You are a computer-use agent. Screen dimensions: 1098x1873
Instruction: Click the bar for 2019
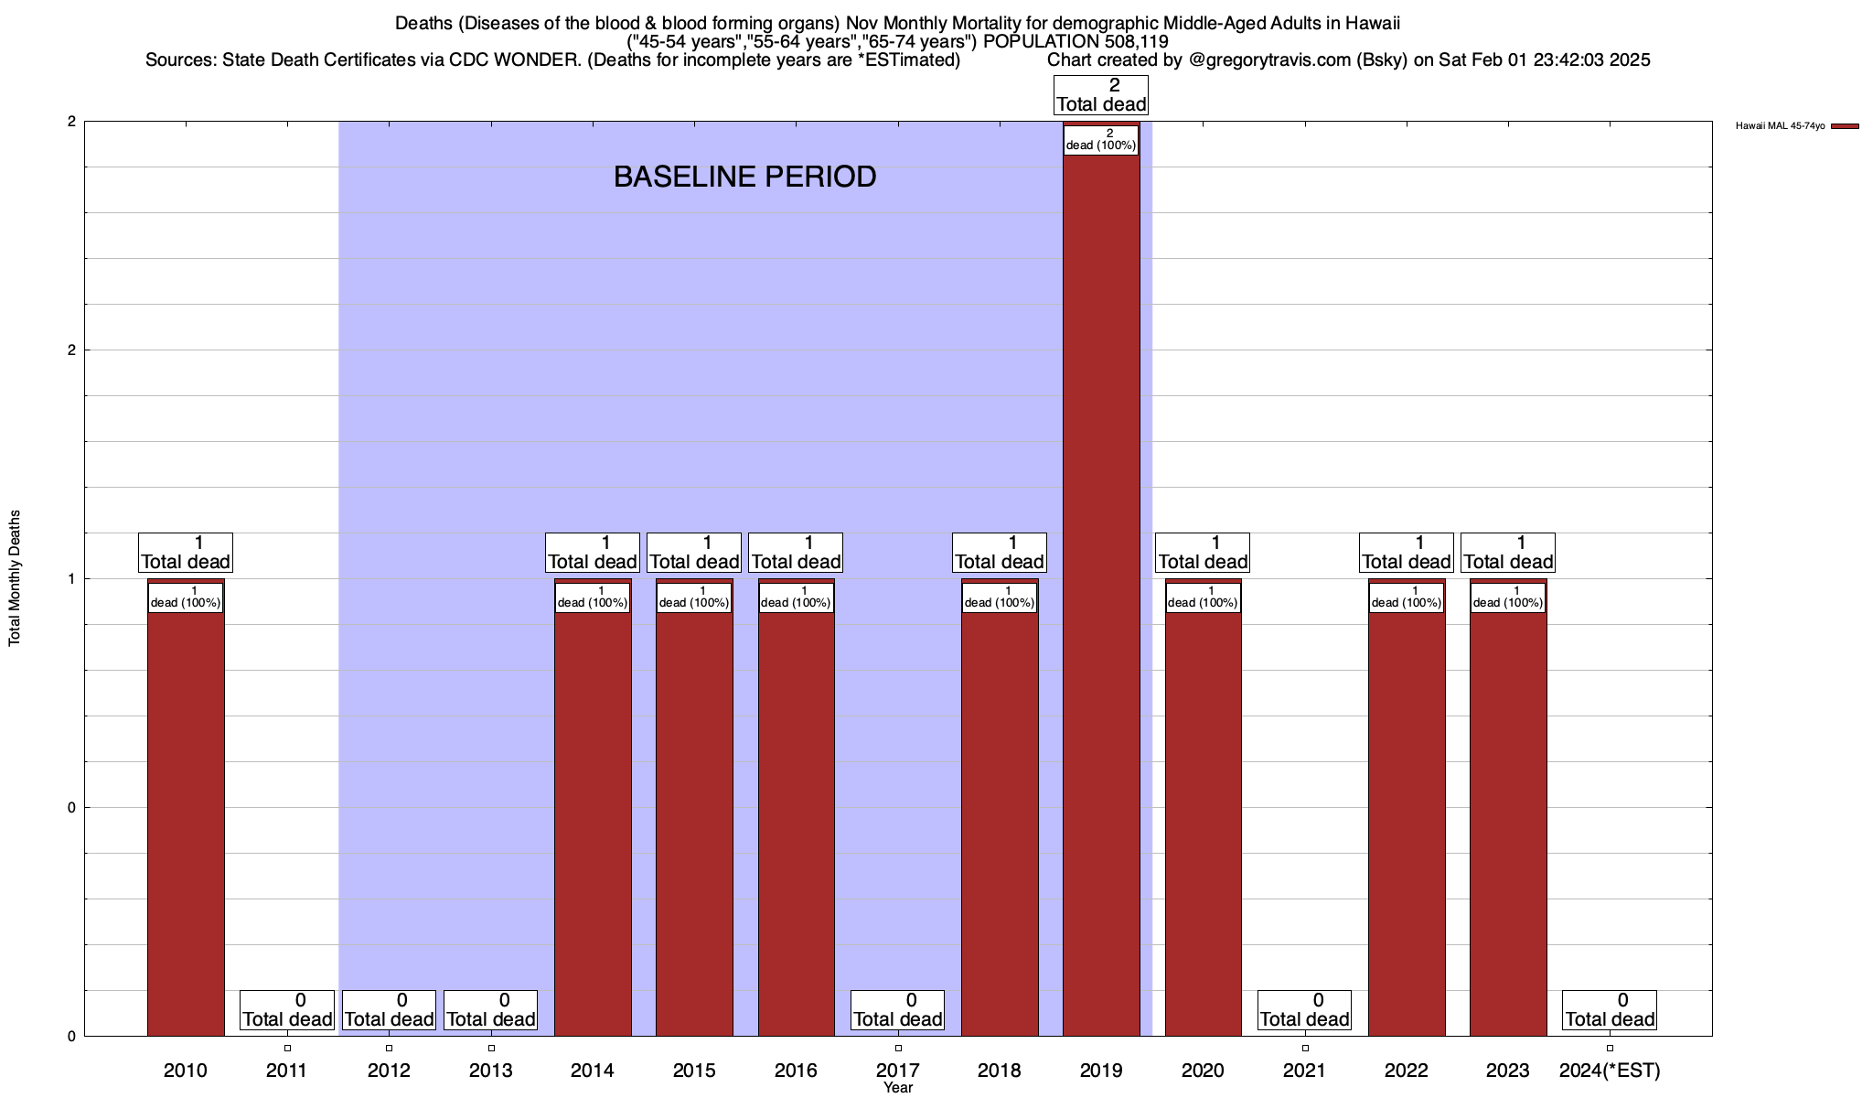tap(1101, 595)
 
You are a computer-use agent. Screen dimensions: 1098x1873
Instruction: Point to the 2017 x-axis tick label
tap(897, 1070)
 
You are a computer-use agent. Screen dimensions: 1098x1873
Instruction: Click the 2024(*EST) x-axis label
tap(1610, 1070)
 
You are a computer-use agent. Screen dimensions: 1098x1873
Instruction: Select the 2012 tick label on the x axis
tap(389, 1070)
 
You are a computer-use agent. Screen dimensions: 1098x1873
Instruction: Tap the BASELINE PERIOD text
tap(744, 177)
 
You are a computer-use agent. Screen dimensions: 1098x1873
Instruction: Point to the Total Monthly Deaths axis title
tap(15, 578)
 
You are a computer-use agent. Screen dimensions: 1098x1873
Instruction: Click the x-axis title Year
tap(898, 1088)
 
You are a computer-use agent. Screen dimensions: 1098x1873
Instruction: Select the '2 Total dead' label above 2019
tap(1101, 95)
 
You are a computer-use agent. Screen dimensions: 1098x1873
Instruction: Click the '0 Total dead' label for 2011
tap(287, 1010)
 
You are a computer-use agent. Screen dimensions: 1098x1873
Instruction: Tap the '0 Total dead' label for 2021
tap(1304, 1010)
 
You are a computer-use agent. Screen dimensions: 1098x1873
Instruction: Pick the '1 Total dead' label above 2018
tap(1000, 553)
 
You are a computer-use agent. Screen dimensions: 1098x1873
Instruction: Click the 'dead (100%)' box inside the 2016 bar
tap(796, 597)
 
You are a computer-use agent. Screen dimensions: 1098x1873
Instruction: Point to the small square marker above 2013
tap(491, 1048)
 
